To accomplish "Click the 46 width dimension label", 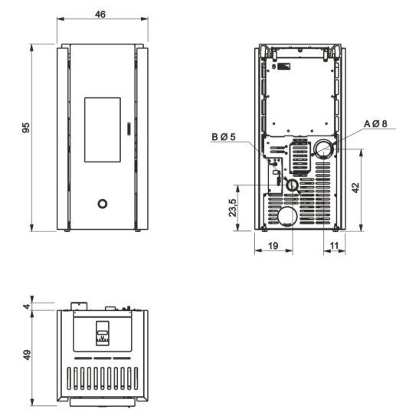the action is pos(100,14).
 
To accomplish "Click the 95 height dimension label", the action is pos(26,127).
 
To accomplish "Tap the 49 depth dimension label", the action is pos(27,355).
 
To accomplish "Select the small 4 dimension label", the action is pos(27,306).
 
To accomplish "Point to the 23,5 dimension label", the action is pos(233,208).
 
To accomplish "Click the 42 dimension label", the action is pos(355,188).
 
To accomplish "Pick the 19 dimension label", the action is pos(273,246).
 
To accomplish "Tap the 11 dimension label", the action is pos(334,246).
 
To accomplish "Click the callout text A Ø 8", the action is pos(375,124).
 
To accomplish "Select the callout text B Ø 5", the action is pos(224,137).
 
